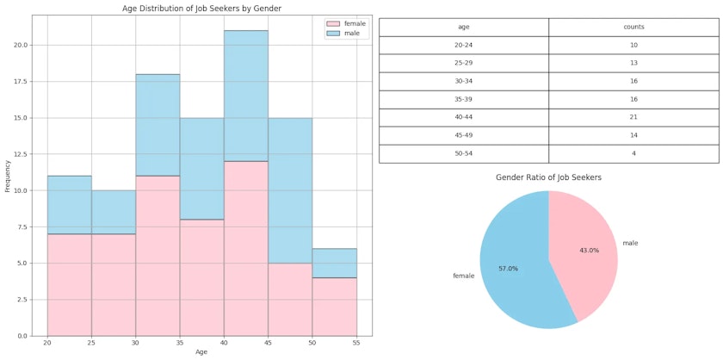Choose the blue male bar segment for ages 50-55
click(335, 263)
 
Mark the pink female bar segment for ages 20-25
click(69, 284)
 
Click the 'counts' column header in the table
click(633, 27)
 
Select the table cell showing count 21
click(633, 117)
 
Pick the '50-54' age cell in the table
click(463, 153)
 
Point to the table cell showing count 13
click(633, 63)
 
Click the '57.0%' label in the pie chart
click(508, 269)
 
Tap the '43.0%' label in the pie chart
click(589, 250)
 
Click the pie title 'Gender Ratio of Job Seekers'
click(548, 177)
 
